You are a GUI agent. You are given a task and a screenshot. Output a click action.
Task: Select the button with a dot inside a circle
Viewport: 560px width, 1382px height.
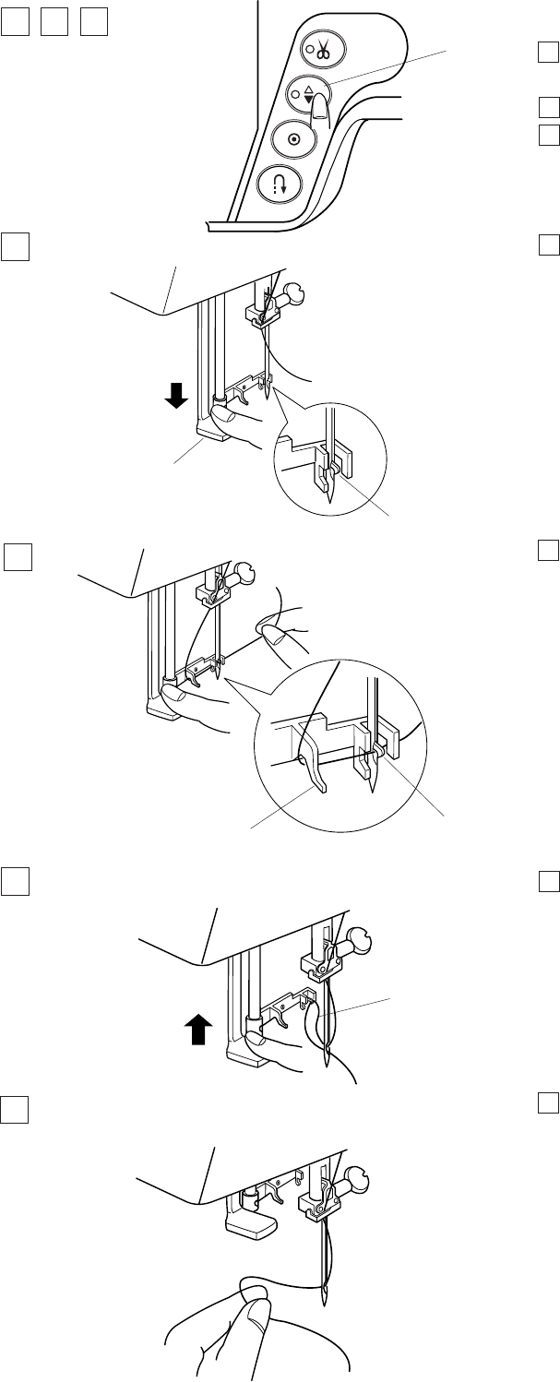pyautogui.click(x=294, y=138)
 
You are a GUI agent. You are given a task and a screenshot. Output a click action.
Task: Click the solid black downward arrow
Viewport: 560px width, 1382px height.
pyautogui.click(x=177, y=396)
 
